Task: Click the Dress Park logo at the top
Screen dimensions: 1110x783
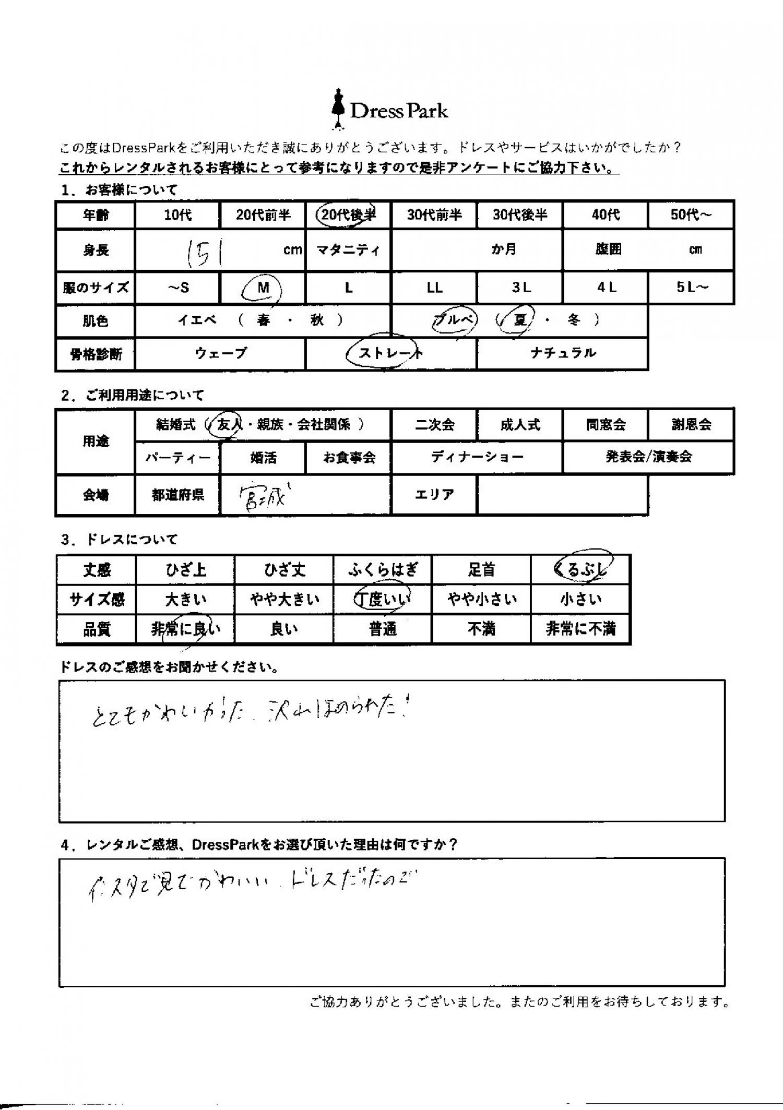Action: tap(389, 110)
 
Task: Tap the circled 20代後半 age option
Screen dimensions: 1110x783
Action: tap(347, 214)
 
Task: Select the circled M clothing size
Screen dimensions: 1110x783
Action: tap(263, 288)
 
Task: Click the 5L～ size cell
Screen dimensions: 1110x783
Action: tap(691, 288)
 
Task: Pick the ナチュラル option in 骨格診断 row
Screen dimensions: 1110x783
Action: tap(563, 353)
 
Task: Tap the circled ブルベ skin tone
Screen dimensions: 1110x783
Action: tap(455, 320)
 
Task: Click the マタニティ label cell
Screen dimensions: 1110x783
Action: tap(348, 250)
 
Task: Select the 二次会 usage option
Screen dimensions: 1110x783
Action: tap(434, 425)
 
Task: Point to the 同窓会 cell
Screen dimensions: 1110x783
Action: tap(606, 425)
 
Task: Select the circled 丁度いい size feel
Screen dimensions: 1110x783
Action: tap(383, 599)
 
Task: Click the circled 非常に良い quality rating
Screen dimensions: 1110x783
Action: tap(186, 630)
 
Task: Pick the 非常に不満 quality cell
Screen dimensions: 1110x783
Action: tap(580, 629)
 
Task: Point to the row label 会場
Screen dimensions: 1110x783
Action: tap(96, 495)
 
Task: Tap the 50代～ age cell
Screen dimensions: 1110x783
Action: tap(691, 214)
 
